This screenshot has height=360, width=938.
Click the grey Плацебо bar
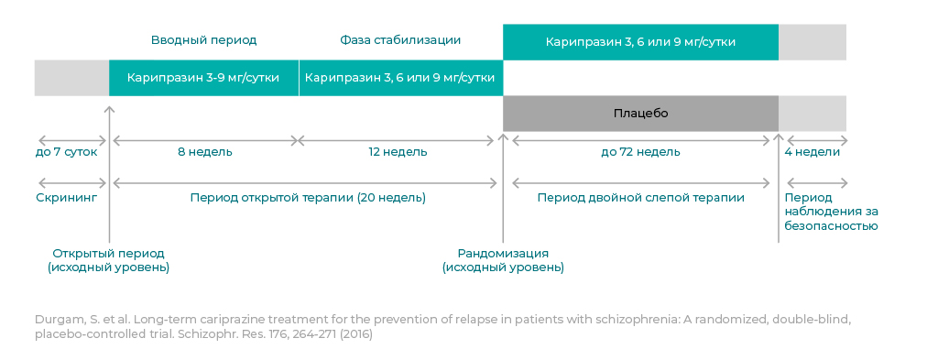pos(640,113)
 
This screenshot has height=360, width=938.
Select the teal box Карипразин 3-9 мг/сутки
pos(203,78)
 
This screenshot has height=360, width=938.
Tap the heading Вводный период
pos(203,40)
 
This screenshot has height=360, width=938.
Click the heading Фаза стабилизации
pos(400,40)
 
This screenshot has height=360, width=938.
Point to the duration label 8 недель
pos(204,152)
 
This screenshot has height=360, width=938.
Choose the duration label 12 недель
pos(398,152)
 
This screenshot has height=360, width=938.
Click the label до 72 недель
pos(640,152)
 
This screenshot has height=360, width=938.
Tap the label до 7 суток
pos(66,152)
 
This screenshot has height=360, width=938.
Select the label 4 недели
pos(813,152)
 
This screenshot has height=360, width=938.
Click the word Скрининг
pos(67,198)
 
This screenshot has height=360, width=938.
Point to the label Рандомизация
pos(503,253)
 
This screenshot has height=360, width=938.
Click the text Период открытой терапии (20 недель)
pos(308,198)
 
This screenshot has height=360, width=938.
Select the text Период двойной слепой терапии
pos(640,198)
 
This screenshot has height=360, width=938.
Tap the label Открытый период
pos(108,254)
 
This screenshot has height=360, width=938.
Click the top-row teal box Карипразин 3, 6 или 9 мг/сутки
pos(640,42)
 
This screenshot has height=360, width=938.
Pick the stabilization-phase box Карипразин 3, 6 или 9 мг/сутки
pos(400,78)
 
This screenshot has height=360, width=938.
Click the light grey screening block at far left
pos(71,78)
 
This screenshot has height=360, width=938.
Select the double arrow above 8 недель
pos(204,141)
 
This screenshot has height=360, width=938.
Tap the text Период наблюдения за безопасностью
pos(832,212)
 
